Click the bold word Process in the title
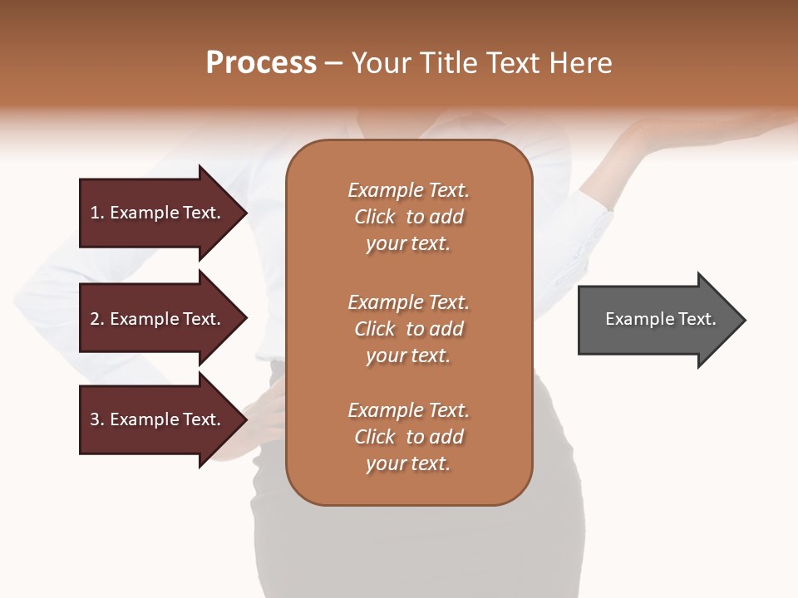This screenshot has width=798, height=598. click(x=261, y=63)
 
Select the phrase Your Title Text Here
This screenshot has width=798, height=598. click(x=481, y=63)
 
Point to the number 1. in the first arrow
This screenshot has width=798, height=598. click(x=97, y=213)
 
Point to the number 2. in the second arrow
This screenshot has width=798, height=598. click(x=97, y=319)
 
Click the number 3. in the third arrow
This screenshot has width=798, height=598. click(x=97, y=419)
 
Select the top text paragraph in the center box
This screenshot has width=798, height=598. click(x=408, y=217)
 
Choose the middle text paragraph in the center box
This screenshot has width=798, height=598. click(x=408, y=328)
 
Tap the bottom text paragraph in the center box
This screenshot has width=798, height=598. click(x=408, y=437)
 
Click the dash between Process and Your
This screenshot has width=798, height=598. click(x=334, y=64)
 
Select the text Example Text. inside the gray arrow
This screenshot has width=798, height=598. click(x=661, y=319)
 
